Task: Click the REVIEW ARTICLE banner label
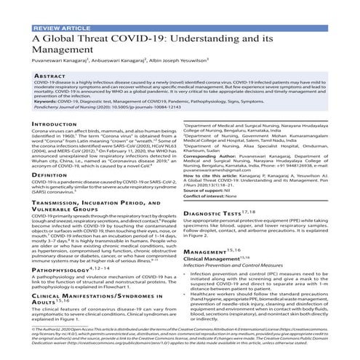(57, 28)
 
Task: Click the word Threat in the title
(105, 41)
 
